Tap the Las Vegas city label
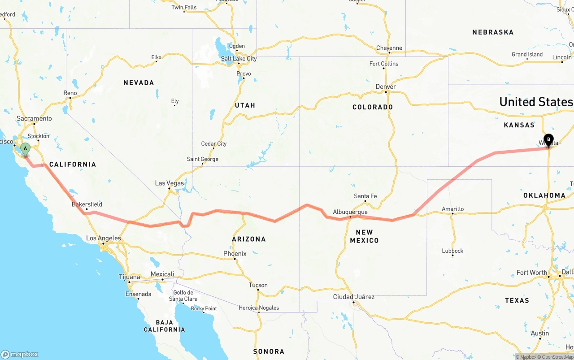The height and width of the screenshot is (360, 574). pyautogui.click(x=170, y=183)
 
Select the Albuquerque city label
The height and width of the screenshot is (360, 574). pyautogui.click(x=350, y=212)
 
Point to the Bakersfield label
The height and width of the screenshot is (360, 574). pyautogui.click(x=87, y=204)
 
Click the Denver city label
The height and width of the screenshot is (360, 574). pyautogui.click(x=386, y=87)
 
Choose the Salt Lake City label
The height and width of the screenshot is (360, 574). pyautogui.click(x=239, y=59)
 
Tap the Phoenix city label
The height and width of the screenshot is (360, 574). pyautogui.click(x=235, y=254)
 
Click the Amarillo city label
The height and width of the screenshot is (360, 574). pyautogui.click(x=452, y=209)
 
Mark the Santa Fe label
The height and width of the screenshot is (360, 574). pyautogui.click(x=365, y=196)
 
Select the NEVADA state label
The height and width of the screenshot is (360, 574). pyautogui.click(x=139, y=82)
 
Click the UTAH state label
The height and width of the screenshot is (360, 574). pyautogui.click(x=245, y=105)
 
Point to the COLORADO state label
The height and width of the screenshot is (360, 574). pyautogui.click(x=373, y=107)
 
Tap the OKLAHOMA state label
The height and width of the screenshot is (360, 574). pyautogui.click(x=544, y=195)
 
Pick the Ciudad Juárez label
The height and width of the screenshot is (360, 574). pyautogui.click(x=354, y=297)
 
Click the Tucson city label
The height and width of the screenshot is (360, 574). pyautogui.click(x=258, y=285)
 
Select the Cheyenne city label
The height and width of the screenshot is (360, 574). pyautogui.click(x=389, y=48)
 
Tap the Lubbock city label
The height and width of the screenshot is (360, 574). pyautogui.click(x=452, y=251)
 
